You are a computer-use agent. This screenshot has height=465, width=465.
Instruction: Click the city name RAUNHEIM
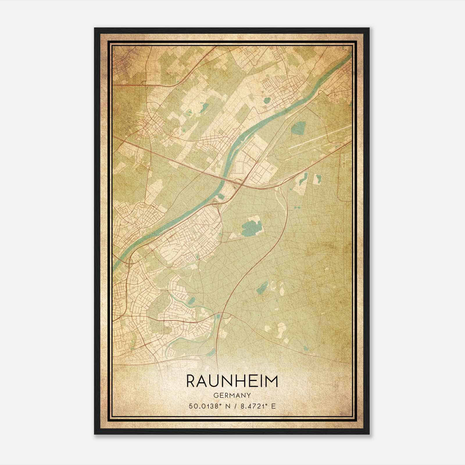pos(232,381)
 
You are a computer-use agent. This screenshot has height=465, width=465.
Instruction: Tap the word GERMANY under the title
pos(232,395)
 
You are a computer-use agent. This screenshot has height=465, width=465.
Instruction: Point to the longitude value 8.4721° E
pos(257,406)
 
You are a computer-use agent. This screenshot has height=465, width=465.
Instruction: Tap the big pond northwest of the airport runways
pos(297,127)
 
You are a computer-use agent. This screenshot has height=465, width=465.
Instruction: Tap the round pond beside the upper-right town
pos(267,101)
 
